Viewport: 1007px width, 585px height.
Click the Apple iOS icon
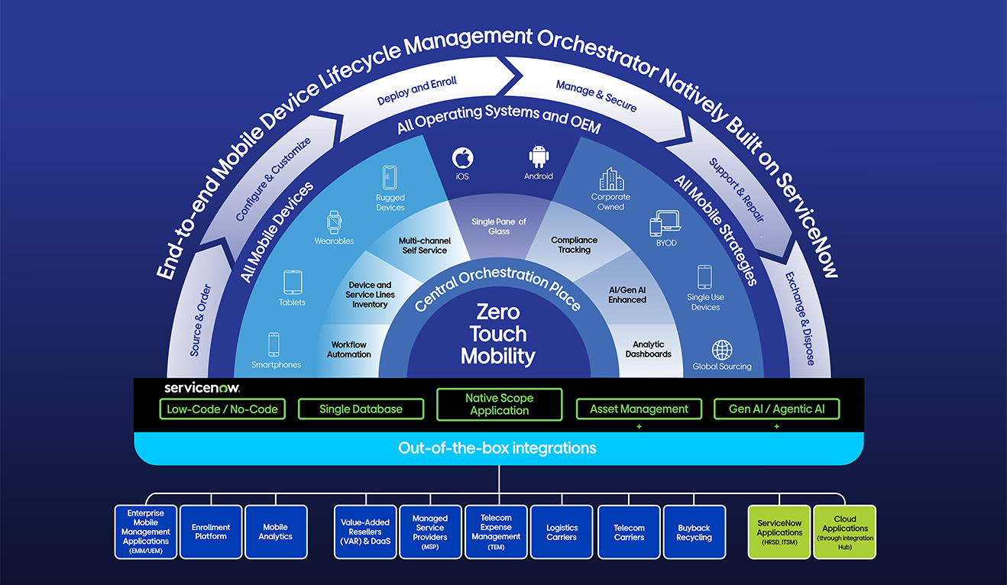coord(462,158)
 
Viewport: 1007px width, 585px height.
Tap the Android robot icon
coord(539,157)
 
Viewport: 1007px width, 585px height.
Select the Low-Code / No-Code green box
coord(222,409)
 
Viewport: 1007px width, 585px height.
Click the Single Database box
coord(361,409)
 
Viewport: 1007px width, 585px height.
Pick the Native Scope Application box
coord(499,405)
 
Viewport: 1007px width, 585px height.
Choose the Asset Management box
coord(639,409)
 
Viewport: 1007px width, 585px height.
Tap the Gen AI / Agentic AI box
coord(776,409)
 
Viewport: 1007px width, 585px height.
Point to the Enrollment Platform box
coord(211,532)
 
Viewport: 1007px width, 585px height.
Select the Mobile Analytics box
coord(275,532)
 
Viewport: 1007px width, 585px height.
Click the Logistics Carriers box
coord(562,532)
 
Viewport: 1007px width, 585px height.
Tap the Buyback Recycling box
coord(694,532)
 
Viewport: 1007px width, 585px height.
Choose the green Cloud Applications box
coord(844,532)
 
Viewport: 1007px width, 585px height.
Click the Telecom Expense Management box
coord(495,532)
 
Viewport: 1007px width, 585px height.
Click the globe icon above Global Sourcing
coord(722,350)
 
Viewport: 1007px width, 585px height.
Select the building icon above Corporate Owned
coord(611,179)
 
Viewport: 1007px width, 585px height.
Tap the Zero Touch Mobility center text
coord(498,335)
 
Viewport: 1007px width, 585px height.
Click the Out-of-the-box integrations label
coord(497,448)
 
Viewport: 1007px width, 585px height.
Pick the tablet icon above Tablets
coord(293,283)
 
